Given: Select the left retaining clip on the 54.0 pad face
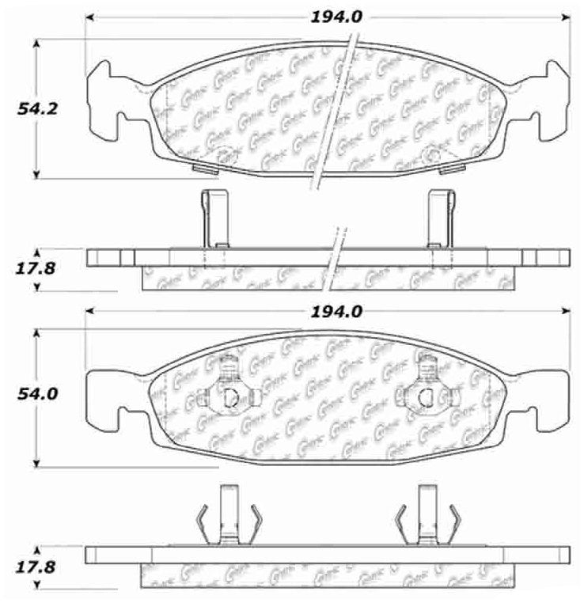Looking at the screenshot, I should click(227, 390).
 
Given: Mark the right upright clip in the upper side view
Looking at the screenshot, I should click(439, 218).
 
